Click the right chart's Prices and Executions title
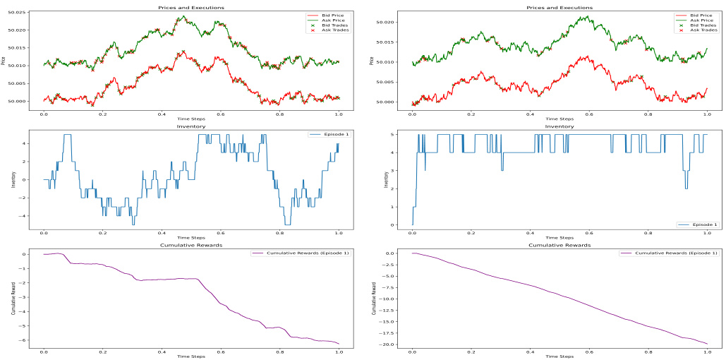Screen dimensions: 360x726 coord(560,8)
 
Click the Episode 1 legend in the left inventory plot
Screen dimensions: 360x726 coord(330,134)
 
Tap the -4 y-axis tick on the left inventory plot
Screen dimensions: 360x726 coord(24,216)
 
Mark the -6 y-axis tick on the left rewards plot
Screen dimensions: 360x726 coord(24,340)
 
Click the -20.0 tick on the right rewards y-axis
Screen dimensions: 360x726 coord(385,344)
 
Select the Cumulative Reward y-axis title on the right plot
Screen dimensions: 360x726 coord(374,299)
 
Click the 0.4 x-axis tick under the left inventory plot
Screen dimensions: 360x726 coord(162,233)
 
